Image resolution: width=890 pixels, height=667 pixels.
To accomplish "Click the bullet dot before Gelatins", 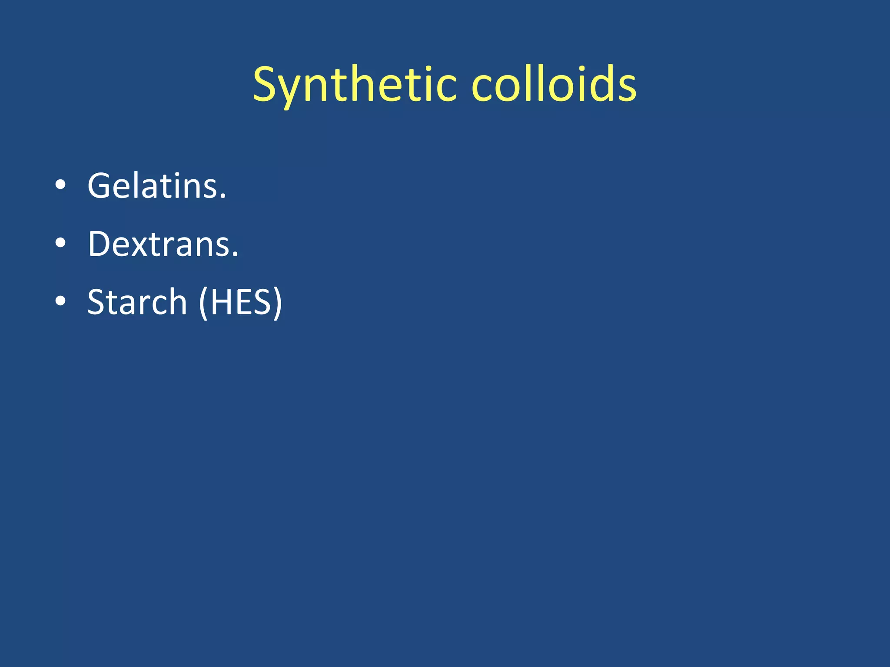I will coord(60,185).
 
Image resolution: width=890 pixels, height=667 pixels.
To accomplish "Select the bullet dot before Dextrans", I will coord(60,243).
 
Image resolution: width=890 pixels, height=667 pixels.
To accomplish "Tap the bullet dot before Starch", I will coord(60,301).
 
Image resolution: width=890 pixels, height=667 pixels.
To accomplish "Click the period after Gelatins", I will coord(223,196).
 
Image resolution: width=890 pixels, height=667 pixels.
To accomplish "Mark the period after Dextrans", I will coord(235,254).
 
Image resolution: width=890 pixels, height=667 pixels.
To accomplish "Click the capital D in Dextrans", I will coord(102,244).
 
